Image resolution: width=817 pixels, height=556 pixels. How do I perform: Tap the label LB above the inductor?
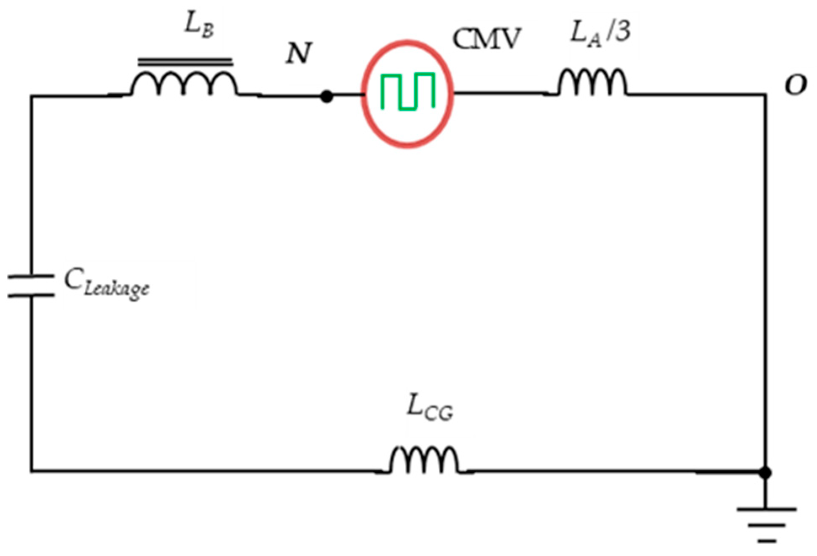point(199,26)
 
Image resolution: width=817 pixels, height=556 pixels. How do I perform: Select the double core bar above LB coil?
point(185,62)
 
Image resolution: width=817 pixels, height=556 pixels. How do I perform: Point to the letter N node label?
point(298,54)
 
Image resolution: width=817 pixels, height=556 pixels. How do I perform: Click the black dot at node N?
point(326,96)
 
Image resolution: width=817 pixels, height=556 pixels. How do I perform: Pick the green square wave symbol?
point(407,91)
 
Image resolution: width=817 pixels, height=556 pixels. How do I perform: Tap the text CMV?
point(486,40)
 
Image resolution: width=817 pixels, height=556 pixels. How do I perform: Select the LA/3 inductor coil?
point(592,83)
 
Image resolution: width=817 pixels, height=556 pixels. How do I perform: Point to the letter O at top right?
point(796,86)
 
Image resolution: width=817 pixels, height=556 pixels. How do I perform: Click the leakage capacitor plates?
point(31,286)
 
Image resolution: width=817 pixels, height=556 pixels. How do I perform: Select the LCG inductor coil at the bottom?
point(424,460)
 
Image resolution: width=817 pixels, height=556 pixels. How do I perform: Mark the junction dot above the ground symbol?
point(765,473)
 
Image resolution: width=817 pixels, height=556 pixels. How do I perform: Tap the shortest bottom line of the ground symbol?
point(766,540)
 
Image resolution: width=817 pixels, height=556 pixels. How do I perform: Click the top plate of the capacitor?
point(31,276)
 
